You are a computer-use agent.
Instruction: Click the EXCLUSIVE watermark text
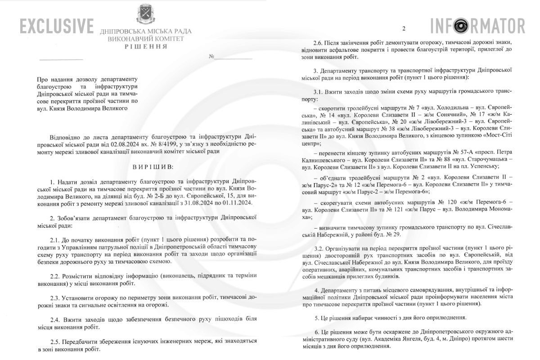57,26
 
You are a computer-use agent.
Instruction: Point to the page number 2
404,29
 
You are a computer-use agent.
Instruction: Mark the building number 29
400,234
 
